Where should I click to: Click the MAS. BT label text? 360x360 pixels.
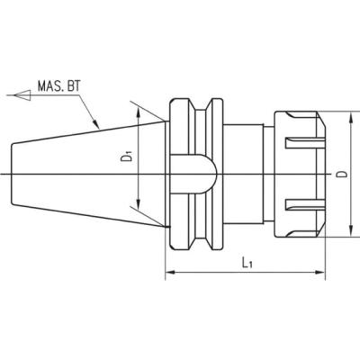coord(59,86)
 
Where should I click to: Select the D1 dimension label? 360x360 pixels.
coord(127,157)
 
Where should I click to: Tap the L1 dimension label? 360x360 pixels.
coord(247,263)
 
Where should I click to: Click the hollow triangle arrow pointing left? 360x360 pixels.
coord(22,95)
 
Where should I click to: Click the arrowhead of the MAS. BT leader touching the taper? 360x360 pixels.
coord(95,123)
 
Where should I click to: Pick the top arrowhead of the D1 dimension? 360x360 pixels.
coord(138,113)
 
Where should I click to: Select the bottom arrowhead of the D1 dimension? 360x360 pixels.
coord(138,204)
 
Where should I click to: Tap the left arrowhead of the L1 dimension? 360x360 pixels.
coord(171,273)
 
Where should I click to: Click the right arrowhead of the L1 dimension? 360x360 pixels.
coord(319,273)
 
